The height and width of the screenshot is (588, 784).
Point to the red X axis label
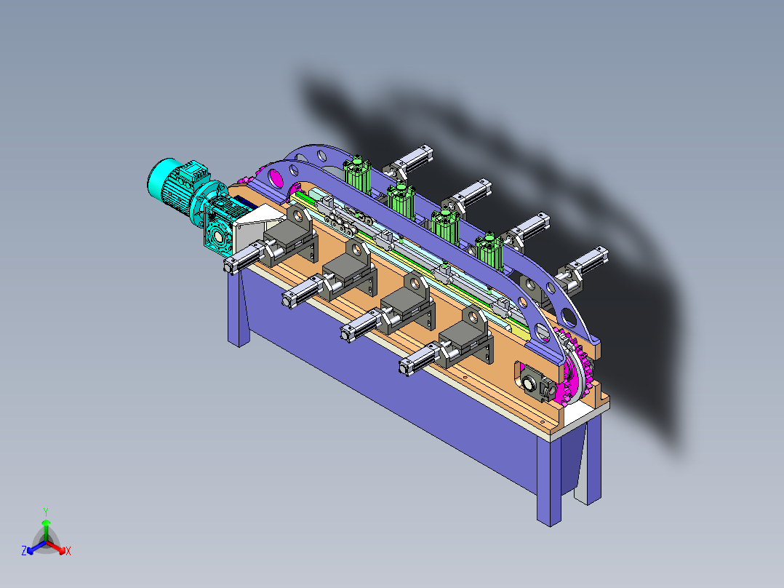[x=68, y=551]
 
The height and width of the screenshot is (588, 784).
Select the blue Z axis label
[x=23, y=550]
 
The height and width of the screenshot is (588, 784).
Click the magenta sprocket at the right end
[x=575, y=366]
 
